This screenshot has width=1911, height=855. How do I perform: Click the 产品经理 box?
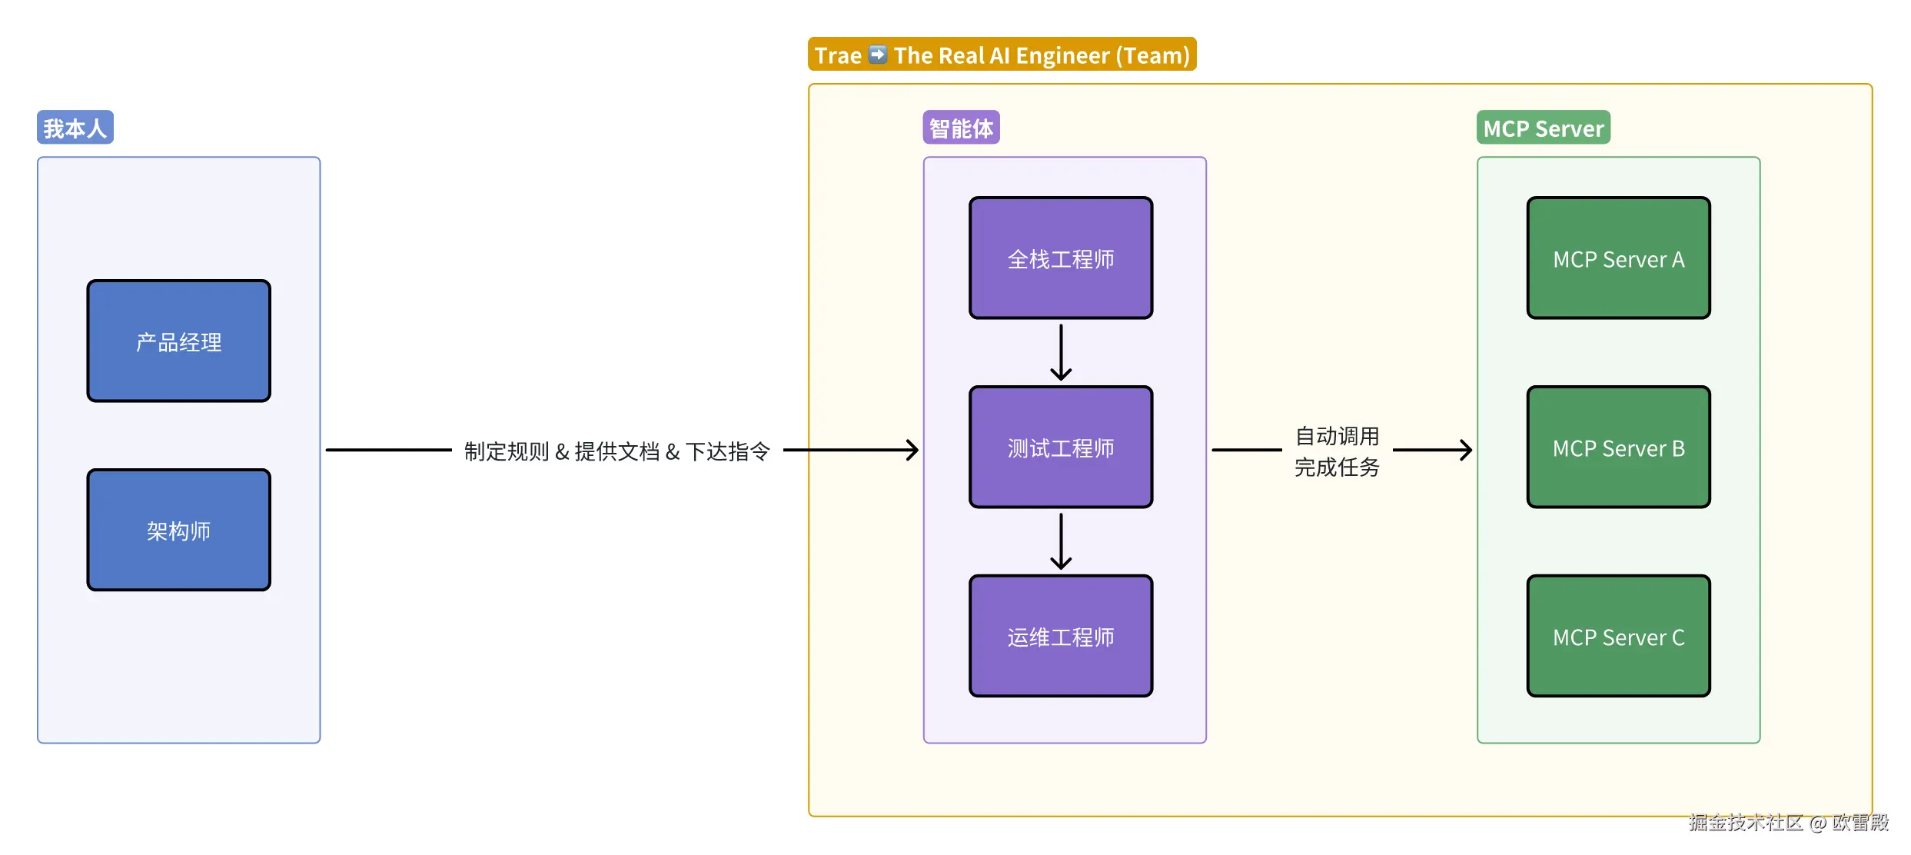coord(178,341)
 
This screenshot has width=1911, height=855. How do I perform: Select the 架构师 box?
coord(178,530)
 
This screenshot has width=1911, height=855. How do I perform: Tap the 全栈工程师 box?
coord(1061,258)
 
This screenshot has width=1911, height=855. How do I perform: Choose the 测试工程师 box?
coord(1061,447)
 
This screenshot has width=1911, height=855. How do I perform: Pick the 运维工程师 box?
coord(1061,636)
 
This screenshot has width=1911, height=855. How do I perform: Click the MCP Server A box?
coord(1618,258)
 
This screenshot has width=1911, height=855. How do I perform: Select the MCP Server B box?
coord(1618,447)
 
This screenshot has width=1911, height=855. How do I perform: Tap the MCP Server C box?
coord(1618,636)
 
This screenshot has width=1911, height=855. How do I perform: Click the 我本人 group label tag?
coord(75,128)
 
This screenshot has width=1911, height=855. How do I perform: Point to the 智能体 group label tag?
coord(961,128)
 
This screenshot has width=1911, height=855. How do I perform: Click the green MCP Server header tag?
coord(1543,128)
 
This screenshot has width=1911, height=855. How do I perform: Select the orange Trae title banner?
coord(1002,55)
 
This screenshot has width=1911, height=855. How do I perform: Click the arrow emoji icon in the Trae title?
coord(877,55)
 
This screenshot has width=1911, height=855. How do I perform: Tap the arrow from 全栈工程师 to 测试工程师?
coord(1061,352)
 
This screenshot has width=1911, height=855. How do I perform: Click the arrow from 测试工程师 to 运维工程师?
coord(1061,541)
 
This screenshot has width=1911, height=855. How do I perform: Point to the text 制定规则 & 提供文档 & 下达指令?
coord(617,451)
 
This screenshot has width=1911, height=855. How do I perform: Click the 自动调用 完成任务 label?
coord(1337,451)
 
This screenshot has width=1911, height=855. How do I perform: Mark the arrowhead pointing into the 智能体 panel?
coord(912,450)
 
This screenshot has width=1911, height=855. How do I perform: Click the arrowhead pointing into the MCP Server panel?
coord(1465,450)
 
